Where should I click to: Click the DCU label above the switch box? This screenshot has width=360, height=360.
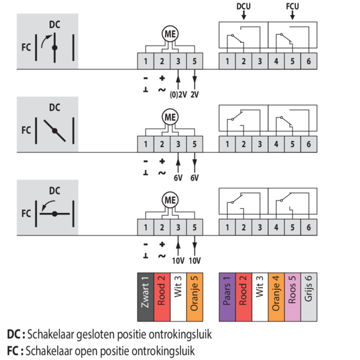(x=244, y=7)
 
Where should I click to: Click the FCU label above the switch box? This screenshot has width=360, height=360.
(x=292, y=7)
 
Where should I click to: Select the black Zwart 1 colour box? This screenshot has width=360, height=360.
(x=146, y=297)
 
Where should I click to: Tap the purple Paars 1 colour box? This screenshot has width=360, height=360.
(x=227, y=297)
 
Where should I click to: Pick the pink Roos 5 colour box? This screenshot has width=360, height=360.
(x=293, y=297)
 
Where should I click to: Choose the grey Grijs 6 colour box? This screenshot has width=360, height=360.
(x=309, y=297)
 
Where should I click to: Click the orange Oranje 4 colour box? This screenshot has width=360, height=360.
(x=276, y=297)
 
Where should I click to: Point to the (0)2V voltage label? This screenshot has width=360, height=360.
(x=178, y=95)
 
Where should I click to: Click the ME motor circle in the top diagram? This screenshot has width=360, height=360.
(x=170, y=34)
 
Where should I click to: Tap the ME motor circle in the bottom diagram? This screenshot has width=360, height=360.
(x=170, y=200)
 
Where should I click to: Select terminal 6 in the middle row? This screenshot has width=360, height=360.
(x=309, y=144)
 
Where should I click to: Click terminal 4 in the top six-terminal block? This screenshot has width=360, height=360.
(x=276, y=61)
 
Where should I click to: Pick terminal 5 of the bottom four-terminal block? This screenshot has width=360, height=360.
(x=194, y=227)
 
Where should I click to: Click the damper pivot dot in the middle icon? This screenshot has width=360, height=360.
(x=55, y=131)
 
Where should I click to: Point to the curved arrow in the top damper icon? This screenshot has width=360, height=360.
(x=46, y=40)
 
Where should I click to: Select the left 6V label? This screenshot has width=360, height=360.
(x=178, y=178)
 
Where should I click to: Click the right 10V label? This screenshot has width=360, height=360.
(x=194, y=261)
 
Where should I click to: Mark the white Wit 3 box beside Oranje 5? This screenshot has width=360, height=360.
(x=178, y=297)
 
